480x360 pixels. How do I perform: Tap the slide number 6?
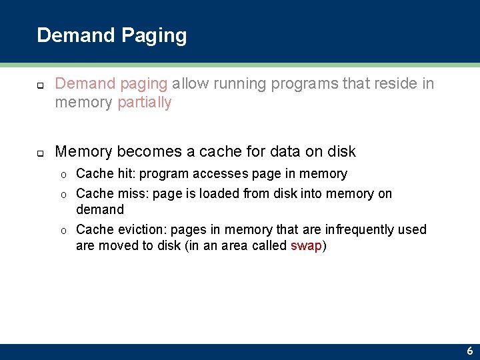coord(470,351)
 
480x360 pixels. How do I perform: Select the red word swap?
coord(306,245)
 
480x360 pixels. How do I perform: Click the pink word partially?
coord(144,102)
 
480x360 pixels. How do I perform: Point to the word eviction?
coord(142,229)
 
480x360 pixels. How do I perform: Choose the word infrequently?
coord(359,229)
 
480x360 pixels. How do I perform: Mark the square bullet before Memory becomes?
coord(39,153)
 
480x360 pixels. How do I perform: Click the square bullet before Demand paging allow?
coord(39,85)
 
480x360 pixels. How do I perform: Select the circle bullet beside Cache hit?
coord(63,174)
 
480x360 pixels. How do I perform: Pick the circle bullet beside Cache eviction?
coord(63,230)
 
